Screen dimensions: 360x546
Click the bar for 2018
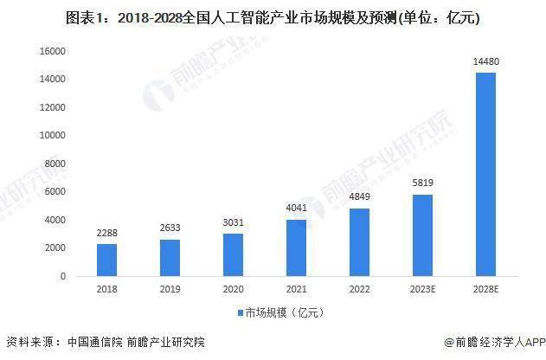click(106, 260)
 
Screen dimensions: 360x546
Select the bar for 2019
click(170, 257)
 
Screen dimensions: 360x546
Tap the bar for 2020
click(233, 254)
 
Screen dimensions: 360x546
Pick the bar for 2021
click(296, 247)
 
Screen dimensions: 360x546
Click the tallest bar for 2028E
click(485, 174)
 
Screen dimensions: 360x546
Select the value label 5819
click(422, 183)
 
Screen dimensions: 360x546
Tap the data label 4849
click(359, 196)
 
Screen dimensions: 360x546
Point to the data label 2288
click(106, 232)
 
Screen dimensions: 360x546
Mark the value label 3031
click(233, 222)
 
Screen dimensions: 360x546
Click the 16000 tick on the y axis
click(55, 51)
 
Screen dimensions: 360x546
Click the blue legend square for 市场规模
click(240, 312)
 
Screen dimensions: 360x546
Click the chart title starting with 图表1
click(273, 16)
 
